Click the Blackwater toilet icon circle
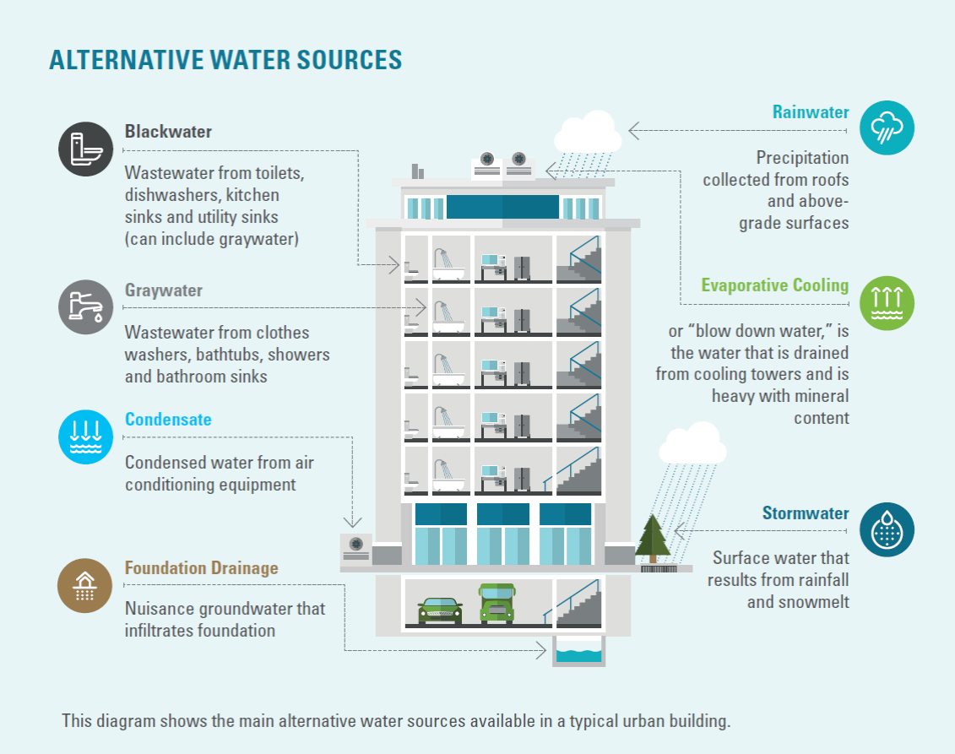click(85, 149)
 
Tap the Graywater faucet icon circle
click(85, 307)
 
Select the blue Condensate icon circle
click(85, 437)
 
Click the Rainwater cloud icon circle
click(887, 128)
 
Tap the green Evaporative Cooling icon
click(887, 302)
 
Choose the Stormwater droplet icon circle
click(887, 530)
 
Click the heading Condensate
click(168, 420)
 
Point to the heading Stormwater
click(806, 513)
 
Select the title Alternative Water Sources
click(225, 60)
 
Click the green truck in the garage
click(496, 603)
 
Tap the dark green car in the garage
click(440, 609)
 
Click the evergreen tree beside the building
click(652, 538)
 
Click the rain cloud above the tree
click(692, 445)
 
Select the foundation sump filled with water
click(578, 653)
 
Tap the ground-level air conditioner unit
click(355, 548)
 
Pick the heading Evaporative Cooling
click(774, 285)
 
